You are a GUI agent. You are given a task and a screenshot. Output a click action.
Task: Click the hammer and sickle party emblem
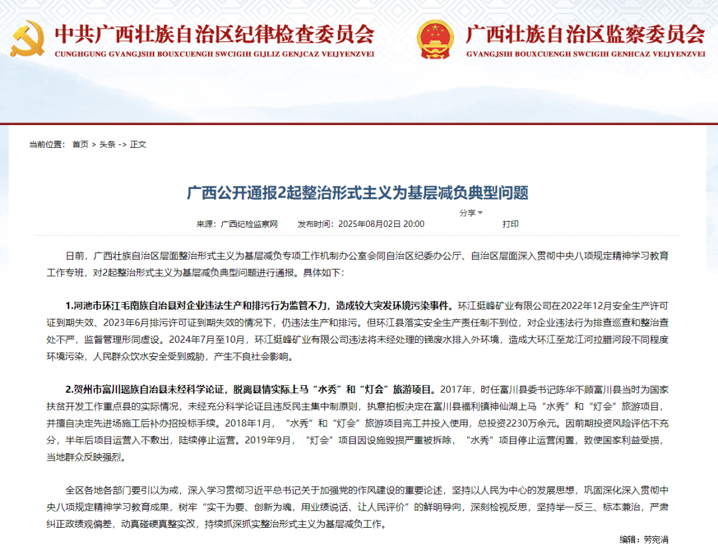27,39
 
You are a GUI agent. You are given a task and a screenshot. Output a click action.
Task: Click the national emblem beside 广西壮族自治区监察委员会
435,39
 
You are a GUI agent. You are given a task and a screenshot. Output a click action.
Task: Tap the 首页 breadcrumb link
80,144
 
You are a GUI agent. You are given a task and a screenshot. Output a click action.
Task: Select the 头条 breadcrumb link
107,144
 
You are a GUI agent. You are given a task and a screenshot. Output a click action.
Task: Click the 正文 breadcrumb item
138,144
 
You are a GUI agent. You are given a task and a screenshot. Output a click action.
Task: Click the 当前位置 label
46,144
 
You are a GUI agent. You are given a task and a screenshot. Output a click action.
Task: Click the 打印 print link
510,224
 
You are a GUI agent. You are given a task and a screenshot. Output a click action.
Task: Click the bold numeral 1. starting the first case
69,306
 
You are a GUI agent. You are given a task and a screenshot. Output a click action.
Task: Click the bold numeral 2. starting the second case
69,389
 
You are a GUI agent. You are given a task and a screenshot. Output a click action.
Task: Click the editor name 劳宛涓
659,539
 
